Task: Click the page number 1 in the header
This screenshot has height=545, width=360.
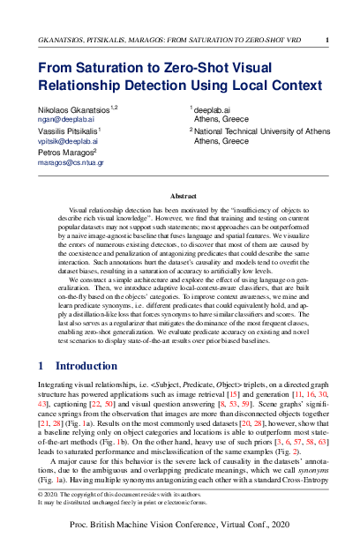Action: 327,40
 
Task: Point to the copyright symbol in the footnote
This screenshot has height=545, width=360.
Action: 41,496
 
